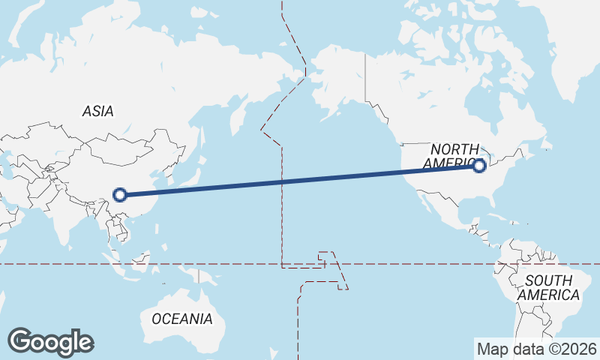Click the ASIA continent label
98,111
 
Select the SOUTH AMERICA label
548,287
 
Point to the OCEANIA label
181,319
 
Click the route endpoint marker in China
119,195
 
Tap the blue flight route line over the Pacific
300,180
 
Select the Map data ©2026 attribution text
537,349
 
